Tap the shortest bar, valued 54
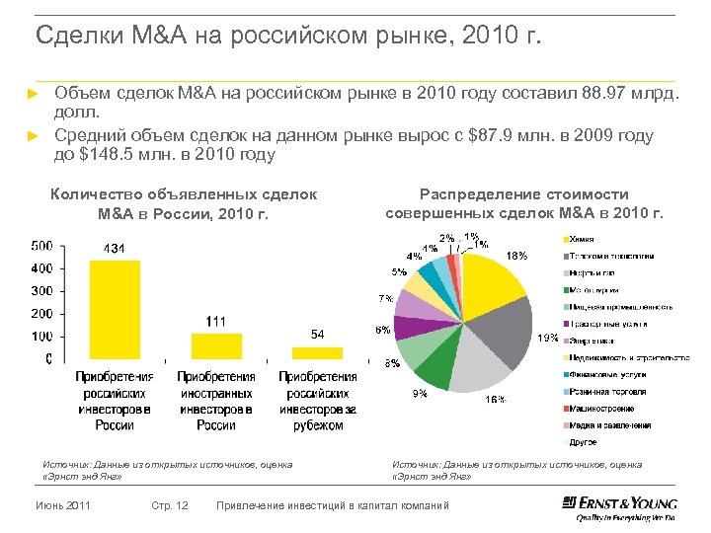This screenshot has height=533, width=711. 317,353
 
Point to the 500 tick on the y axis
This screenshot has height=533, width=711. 41,246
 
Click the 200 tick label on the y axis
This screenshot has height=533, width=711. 41,314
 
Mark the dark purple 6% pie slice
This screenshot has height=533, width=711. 410,328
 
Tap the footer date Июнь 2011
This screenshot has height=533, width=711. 63,506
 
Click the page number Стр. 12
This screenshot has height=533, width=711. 171,506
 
